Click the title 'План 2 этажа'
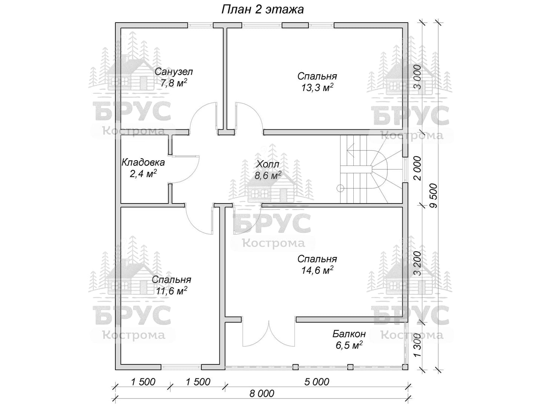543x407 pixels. [x=262, y=10]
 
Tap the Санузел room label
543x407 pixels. [x=174, y=72]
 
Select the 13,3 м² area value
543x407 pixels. [x=317, y=87]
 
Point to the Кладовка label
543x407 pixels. [x=143, y=162]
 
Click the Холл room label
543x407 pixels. [x=268, y=164]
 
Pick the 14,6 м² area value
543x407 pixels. [x=317, y=270]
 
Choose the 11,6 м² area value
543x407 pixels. [x=171, y=291]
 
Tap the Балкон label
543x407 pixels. [x=349, y=334]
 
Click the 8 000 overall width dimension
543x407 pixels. [x=262, y=394]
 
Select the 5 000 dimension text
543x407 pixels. [x=317, y=382]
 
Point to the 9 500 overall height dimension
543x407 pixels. [x=433, y=196]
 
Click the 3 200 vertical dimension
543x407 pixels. [x=417, y=263]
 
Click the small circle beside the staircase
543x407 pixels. [x=341, y=188]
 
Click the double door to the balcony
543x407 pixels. [x=268, y=334]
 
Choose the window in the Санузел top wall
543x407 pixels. [x=200, y=25]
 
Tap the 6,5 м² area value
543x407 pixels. [x=349, y=345]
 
